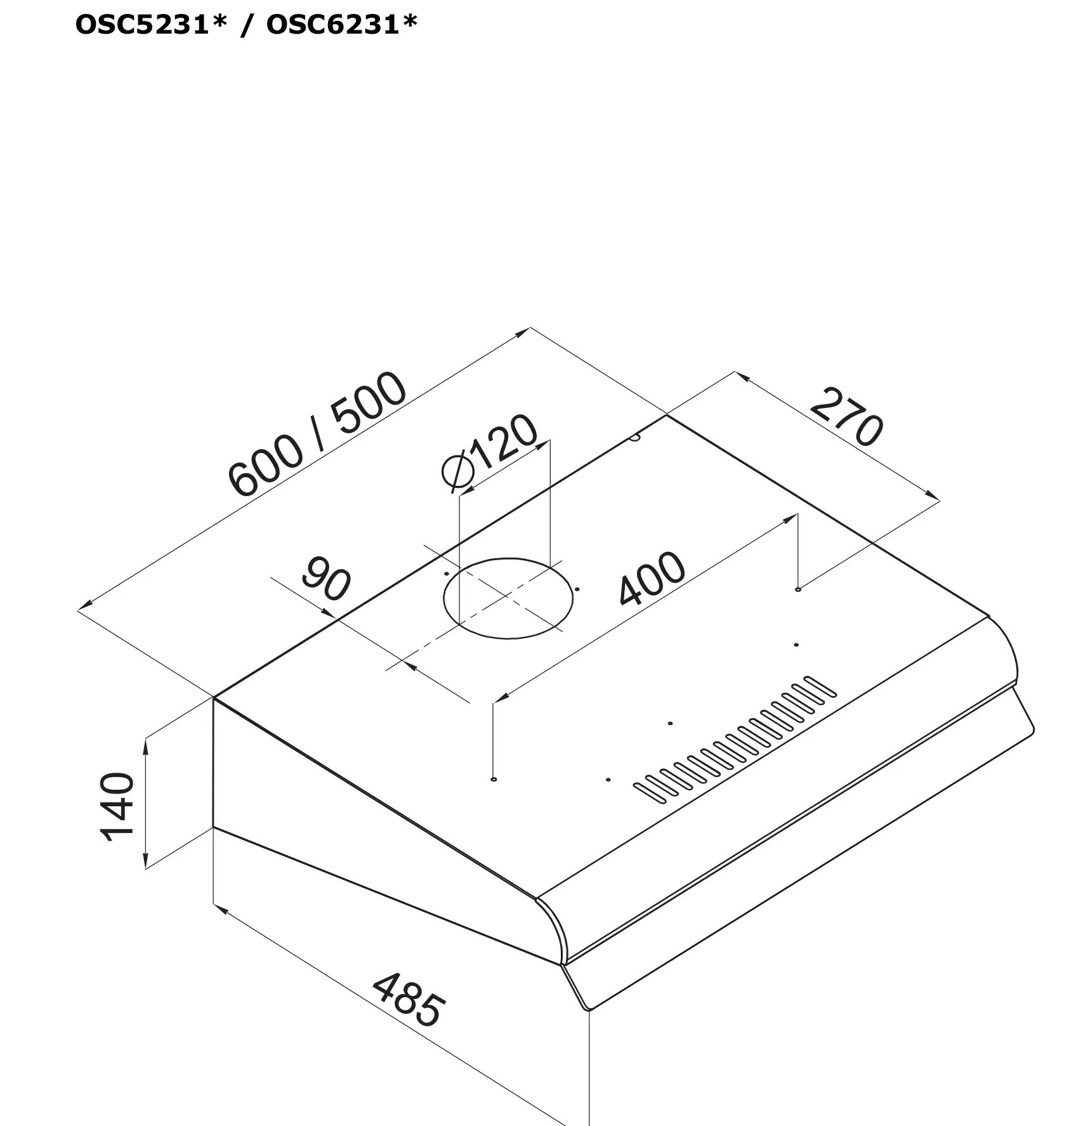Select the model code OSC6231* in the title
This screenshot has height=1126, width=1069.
[342, 25]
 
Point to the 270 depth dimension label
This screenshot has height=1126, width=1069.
[846, 417]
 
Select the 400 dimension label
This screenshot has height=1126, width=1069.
[652, 579]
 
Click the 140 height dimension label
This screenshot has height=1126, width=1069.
[118, 806]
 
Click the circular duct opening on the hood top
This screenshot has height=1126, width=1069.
[508, 598]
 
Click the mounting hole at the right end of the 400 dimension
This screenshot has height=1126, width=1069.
[797, 589]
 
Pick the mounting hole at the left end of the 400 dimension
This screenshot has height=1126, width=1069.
[494, 778]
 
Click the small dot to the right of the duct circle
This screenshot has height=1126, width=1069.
[577, 589]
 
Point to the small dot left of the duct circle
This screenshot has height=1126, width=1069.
[447, 573]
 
